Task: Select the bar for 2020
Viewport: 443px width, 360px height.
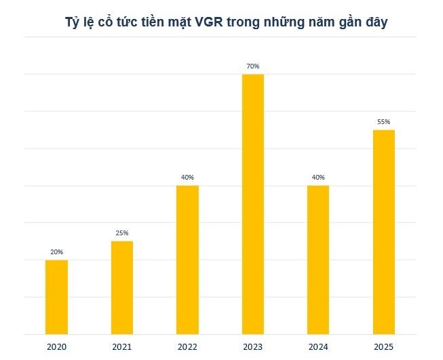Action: click(x=56, y=297)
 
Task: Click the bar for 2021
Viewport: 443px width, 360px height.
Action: click(x=122, y=287)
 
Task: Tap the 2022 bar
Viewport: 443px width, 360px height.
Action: click(x=187, y=260)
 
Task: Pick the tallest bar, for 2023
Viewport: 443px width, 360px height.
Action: click(x=253, y=204)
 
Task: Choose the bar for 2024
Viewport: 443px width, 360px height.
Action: click(x=318, y=260)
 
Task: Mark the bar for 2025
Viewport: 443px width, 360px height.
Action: click(x=383, y=232)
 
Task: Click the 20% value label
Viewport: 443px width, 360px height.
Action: click(x=56, y=252)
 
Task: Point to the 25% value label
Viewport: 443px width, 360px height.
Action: click(x=122, y=233)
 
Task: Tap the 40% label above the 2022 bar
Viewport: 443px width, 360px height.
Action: click(x=187, y=178)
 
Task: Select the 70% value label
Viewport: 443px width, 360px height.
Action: click(x=253, y=66)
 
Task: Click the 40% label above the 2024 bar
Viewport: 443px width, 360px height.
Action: click(x=318, y=178)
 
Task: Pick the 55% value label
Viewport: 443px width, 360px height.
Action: click(x=383, y=122)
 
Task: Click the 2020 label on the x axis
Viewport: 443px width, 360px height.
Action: click(x=56, y=347)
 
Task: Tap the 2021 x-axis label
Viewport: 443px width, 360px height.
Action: click(x=122, y=347)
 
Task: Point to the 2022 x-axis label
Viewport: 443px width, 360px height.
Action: click(x=187, y=347)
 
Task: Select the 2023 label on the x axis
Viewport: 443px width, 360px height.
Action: click(x=253, y=347)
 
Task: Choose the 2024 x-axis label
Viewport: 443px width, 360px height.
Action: click(x=318, y=347)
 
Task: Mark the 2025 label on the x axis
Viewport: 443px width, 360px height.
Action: click(x=383, y=347)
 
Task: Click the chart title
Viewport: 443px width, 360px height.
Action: click(x=222, y=23)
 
